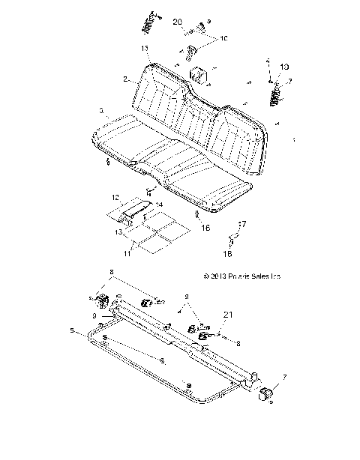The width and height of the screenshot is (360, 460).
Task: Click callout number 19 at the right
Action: pyautogui.click(x=284, y=67)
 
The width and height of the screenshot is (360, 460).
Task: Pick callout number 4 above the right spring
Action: pyautogui.click(x=267, y=61)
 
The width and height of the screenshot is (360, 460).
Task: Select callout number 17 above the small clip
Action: pyautogui.click(x=241, y=223)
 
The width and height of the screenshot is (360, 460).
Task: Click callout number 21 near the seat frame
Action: pyautogui.click(x=227, y=314)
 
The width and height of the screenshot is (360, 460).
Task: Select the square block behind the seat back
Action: pyautogui.click(x=199, y=76)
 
